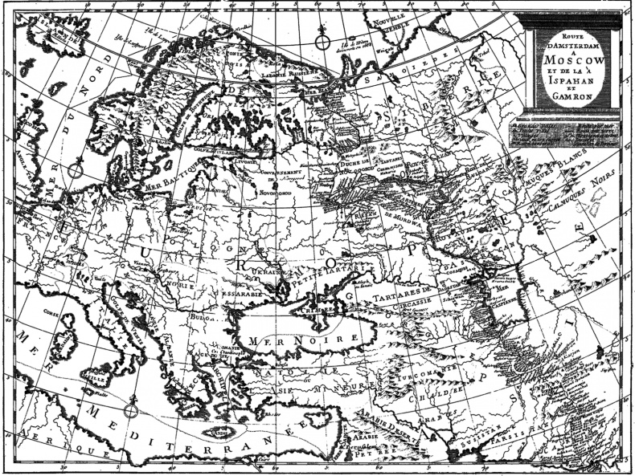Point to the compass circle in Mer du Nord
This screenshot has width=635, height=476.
pyautogui.click(x=76, y=169)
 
